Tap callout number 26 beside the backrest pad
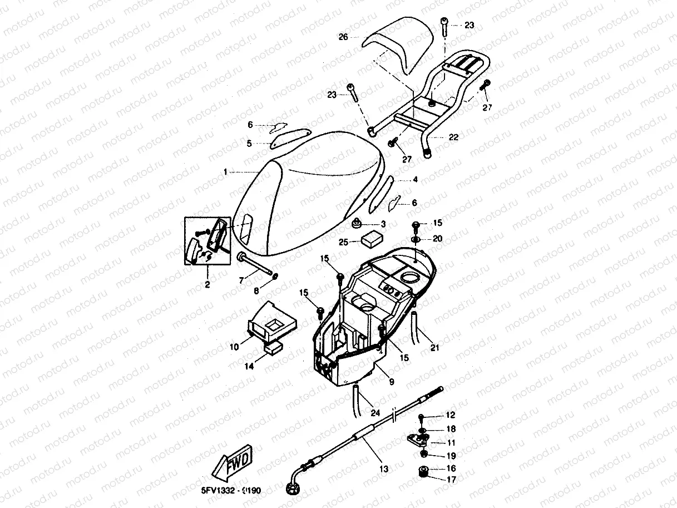coord(343,37)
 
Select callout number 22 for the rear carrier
coord(453,137)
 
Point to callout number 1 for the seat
coord(225,172)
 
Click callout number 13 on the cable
coord(384,468)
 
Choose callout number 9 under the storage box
coord(392,382)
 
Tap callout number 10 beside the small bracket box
coord(234,347)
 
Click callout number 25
coord(343,242)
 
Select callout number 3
coord(383,224)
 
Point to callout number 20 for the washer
coord(438,239)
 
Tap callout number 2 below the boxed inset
coord(207,285)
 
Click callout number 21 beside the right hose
coord(434,348)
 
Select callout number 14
coord(250,366)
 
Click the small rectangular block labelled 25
coord(370,240)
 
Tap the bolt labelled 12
coord(421,417)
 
